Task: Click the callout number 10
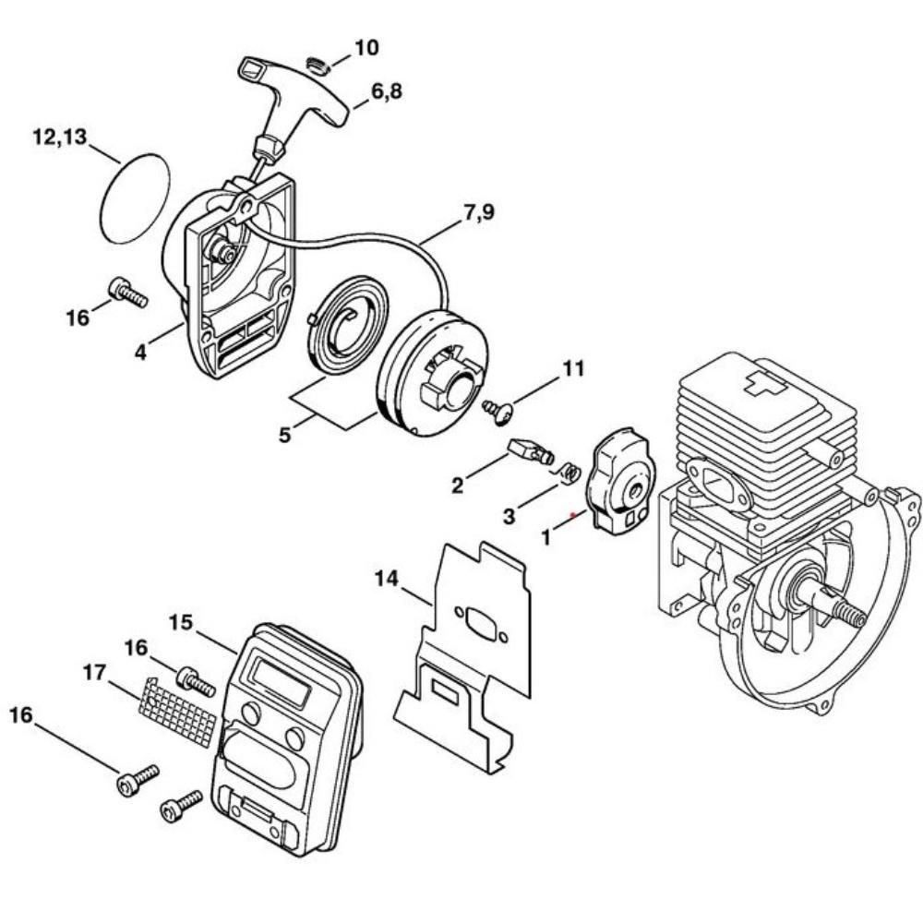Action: tap(366, 47)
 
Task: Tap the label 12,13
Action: tap(59, 138)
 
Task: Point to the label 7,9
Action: tap(478, 213)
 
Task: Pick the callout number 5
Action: tap(284, 434)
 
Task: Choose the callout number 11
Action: tap(573, 368)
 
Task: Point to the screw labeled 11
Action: tap(497, 408)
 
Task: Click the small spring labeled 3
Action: tap(569, 472)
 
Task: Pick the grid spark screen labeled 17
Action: tap(182, 712)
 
